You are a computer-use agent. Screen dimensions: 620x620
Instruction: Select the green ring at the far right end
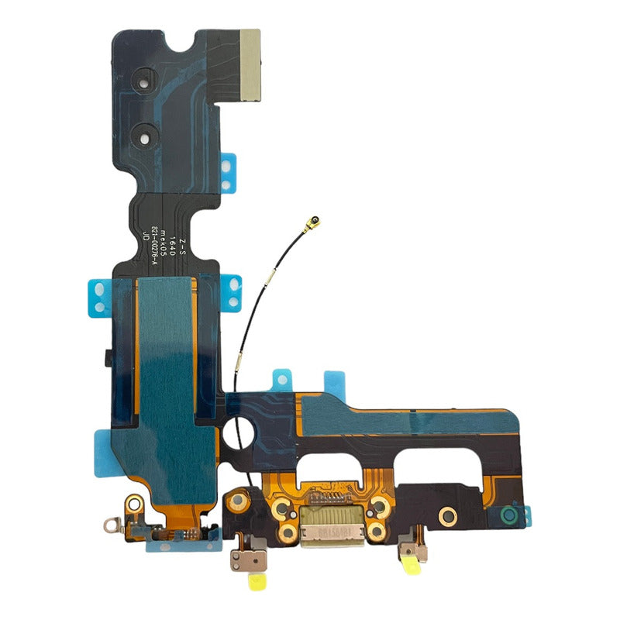tap(508, 514)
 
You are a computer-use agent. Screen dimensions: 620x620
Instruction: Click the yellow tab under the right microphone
tap(411, 571)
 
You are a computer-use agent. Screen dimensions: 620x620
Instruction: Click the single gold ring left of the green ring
tap(447, 515)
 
